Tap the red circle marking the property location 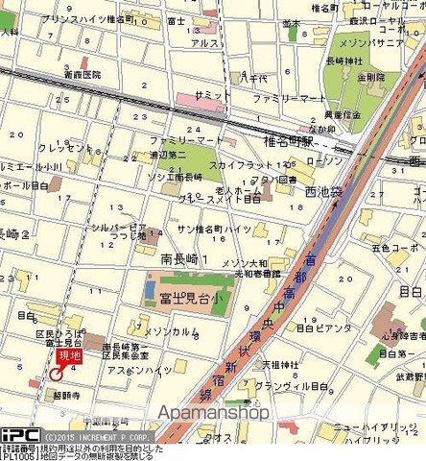coord(57,376)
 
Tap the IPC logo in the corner coord(19,434)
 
